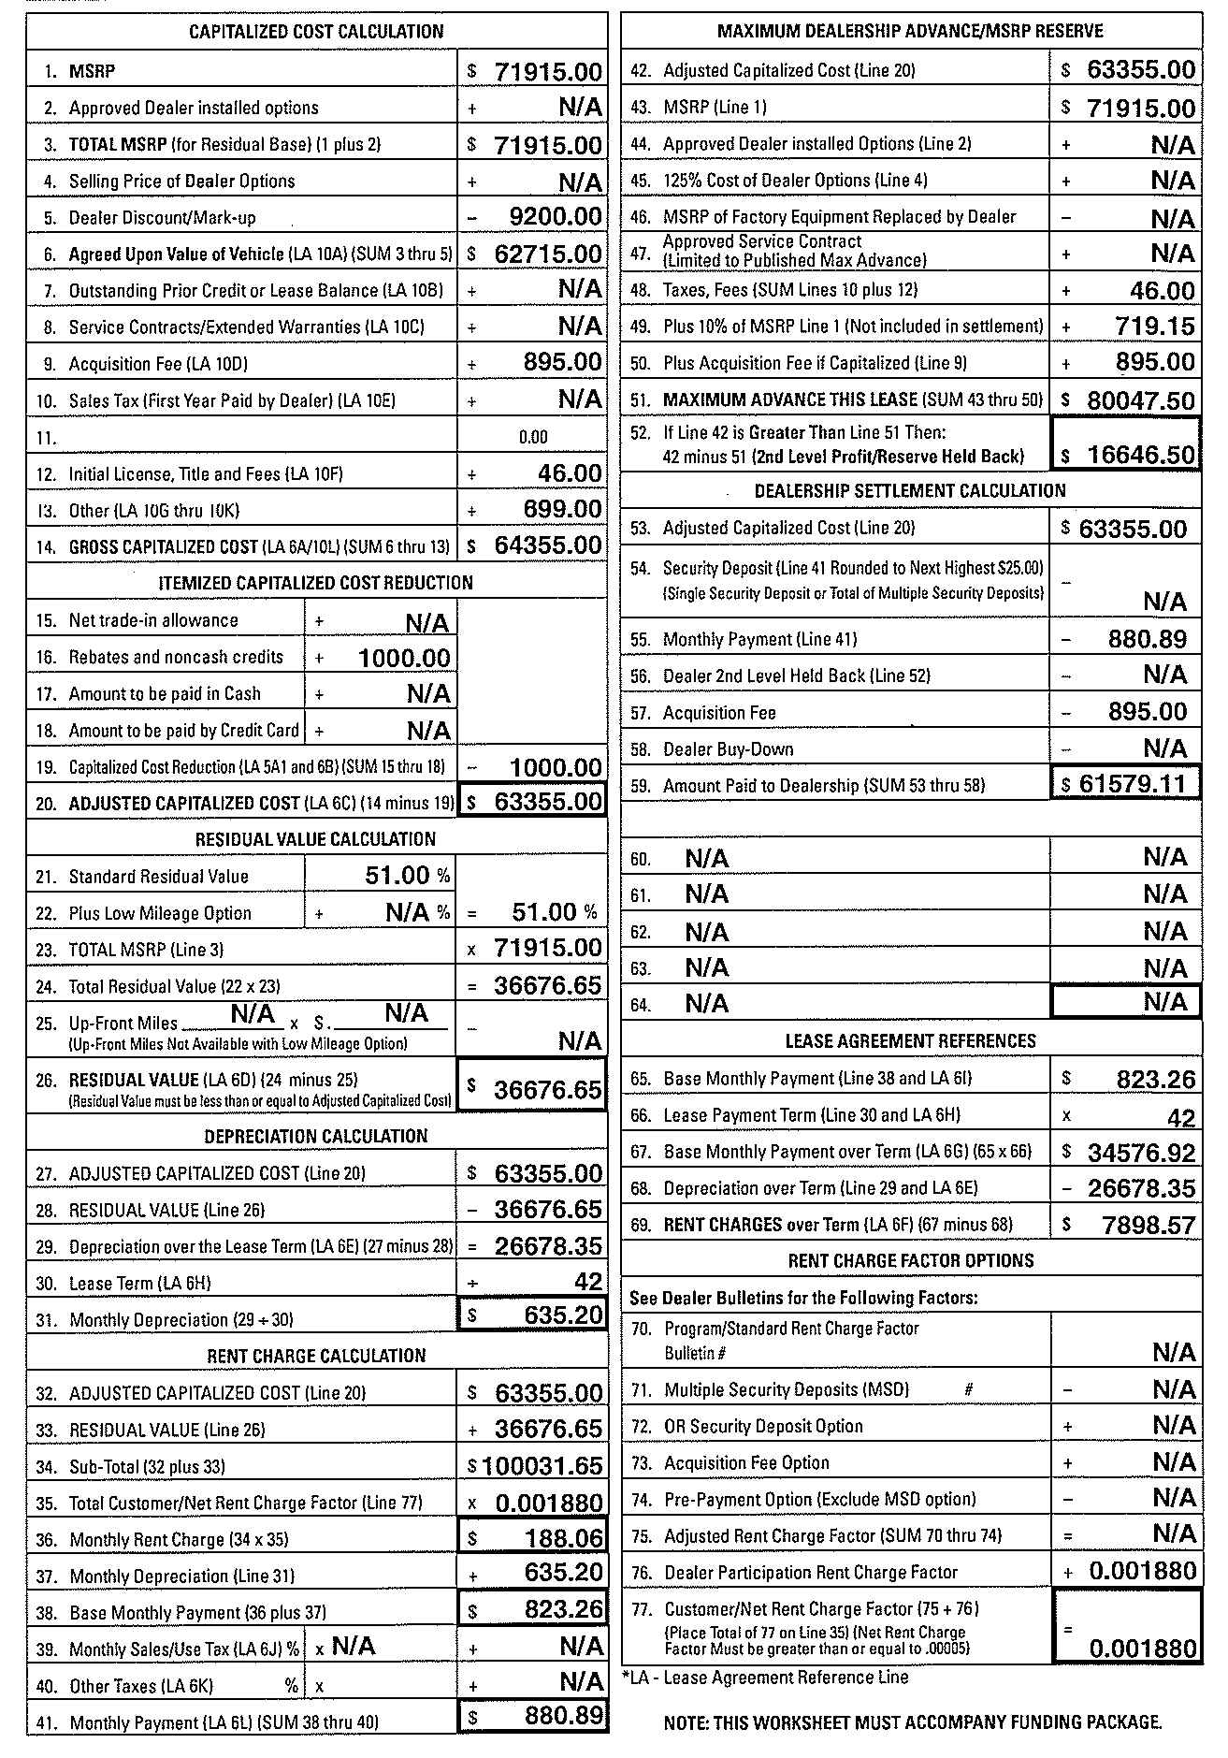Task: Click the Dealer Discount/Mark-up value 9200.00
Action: (x=556, y=217)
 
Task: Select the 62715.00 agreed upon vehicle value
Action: (x=547, y=254)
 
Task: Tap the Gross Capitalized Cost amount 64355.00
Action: (x=547, y=545)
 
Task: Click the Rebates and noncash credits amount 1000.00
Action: (x=404, y=658)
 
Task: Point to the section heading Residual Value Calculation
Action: (x=316, y=839)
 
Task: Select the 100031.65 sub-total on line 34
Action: (x=542, y=1466)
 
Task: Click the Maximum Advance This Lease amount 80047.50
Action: (x=1141, y=400)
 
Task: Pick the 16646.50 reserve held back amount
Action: (x=1141, y=456)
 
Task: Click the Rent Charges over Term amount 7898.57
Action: (x=1149, y=1225)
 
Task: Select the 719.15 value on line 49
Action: (x=1155, y=326)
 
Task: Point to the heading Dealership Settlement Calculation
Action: (x=910, y=491)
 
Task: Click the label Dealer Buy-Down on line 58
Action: (x=728, y=749)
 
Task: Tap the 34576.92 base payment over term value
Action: (x=1141, y=1152)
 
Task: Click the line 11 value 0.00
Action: (x=533, y=437)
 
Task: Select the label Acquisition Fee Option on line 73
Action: (x=746, y=1462)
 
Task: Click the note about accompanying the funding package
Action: (x=912, y=1722)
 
